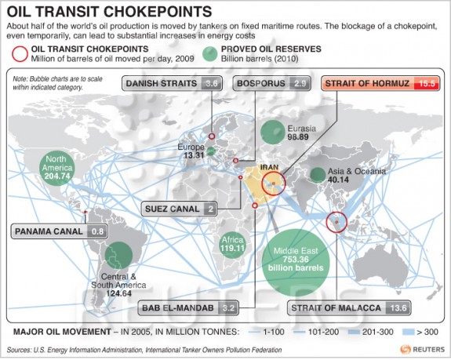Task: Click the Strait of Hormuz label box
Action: coord(380,84)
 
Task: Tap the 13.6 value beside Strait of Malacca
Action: coord(398,308)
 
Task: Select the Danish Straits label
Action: coord(172,83)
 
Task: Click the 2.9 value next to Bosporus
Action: coord(300,83)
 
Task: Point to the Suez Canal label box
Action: coord(179,209)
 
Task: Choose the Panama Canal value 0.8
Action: coord(97,231)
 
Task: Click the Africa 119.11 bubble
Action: coord(232,245)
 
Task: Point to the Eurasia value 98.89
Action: coord(298,137)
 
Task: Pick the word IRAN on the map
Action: coord(269,167)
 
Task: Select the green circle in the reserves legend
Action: coord(210,54)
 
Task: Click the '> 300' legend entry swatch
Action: coord(409,332)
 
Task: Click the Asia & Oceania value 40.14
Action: coord(338,180)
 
